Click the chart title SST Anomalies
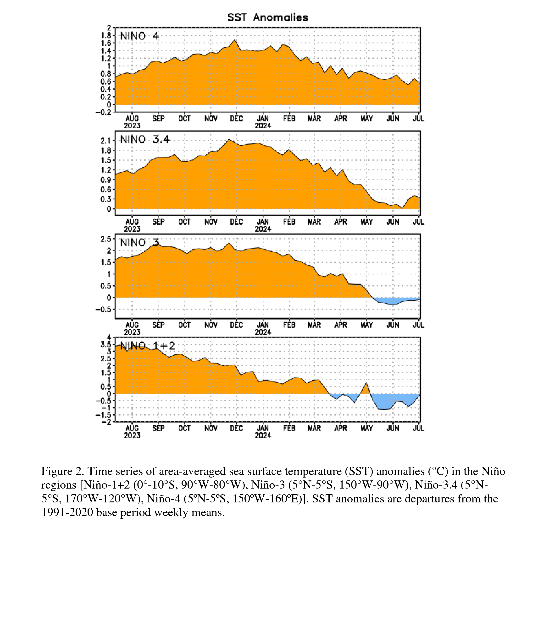[267, 17]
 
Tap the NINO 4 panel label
[139, 36]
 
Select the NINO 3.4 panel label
[144, 140]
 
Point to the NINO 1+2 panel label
[147, 346]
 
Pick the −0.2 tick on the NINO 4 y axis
[104, 112]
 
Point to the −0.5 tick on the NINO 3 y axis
[104, 309]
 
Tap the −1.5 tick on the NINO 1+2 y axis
[104, 415]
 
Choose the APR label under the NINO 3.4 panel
[340, 222]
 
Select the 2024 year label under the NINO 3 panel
[263, 332]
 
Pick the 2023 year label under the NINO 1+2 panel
[132, 435]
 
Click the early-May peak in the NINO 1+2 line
[366, 382]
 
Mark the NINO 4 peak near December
[235, 40]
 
